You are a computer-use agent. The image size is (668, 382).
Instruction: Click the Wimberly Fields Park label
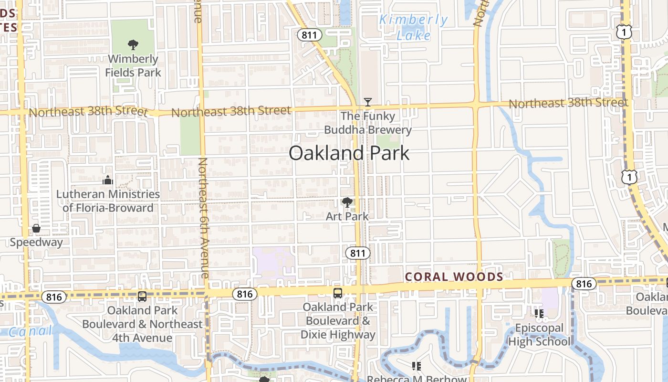coord(133,66)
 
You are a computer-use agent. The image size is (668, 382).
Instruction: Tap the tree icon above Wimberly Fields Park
coord(133,45)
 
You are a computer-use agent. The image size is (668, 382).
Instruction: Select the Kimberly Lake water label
coord(413,28)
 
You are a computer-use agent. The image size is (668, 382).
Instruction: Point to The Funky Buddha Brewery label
coord(367,123)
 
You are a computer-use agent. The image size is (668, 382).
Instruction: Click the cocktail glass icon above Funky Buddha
coord(367,102)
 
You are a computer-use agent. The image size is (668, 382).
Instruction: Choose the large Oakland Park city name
coord(349,153)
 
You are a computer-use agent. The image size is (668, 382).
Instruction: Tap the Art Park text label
coord(347,216)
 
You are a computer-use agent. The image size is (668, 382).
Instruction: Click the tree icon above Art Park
coord(347,202)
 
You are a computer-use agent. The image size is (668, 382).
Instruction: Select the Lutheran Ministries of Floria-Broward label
coord(108,201)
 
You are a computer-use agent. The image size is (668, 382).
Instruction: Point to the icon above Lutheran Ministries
coord(108,180)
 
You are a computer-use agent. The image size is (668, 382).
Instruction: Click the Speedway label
coord(36,242)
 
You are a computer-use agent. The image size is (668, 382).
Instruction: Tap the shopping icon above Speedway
coord(36,228)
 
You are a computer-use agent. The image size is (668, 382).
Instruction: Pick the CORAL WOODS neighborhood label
coord(454,277)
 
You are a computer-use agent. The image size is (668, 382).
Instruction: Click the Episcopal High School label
coord(539,335)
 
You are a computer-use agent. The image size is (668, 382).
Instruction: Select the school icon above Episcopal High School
coord(539,314)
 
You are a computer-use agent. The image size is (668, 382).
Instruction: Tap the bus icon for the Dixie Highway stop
coord(338,293)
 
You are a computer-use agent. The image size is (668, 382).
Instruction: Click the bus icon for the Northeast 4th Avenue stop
coord(142,296)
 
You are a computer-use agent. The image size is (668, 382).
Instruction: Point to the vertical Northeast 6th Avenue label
coord(203,218)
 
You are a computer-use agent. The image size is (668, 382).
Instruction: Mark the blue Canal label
coord(30,331)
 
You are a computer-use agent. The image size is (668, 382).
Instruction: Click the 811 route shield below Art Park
coord(357,253)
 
